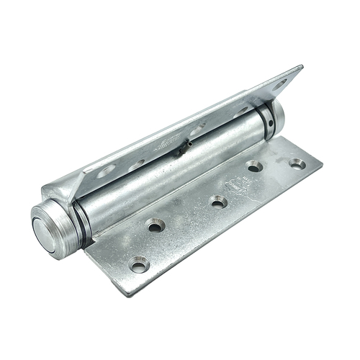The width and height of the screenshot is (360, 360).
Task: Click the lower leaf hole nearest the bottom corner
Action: tap(139, 264)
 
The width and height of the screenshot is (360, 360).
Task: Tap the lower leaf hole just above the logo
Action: tap(254, 167)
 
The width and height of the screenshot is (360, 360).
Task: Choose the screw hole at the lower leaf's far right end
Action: tap(297, 163)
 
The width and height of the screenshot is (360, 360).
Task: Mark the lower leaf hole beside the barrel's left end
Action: tap(155, 225)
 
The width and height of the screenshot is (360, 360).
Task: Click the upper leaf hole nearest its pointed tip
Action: tap(279, 84)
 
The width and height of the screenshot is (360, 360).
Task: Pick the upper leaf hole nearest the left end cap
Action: tap(105, 171)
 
